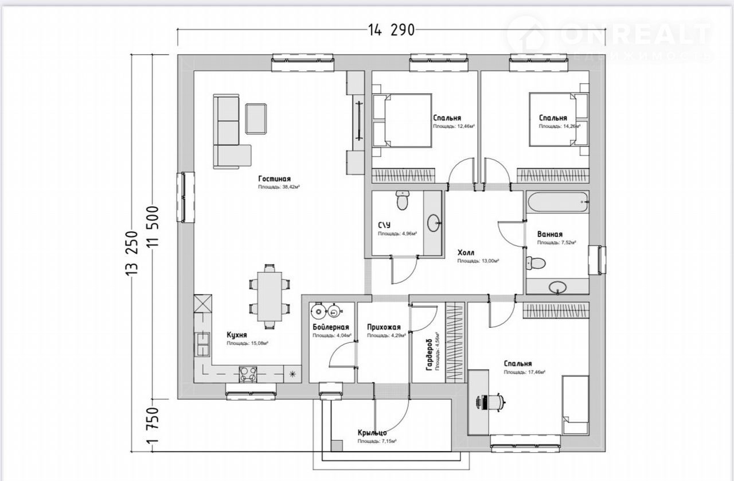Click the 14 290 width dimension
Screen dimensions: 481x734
(x=388, y=30)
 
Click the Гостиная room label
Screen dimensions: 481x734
(x=274, y=179)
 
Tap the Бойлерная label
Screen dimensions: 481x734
(x=331, y=327)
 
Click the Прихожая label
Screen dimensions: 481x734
(x=384, y=328)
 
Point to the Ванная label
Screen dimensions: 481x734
(x=549, y=235)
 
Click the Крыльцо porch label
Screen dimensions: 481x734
(x=372, y=433)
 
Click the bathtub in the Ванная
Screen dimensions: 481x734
(x=558, y=201)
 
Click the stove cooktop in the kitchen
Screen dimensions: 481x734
(x=248, y=374)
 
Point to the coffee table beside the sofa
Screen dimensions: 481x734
(x=256, y=119)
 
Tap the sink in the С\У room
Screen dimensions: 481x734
(x=434, y=221)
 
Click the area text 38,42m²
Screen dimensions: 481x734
(x=280, y=187)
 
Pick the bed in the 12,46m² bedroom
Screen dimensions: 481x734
(x=402, y=121)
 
